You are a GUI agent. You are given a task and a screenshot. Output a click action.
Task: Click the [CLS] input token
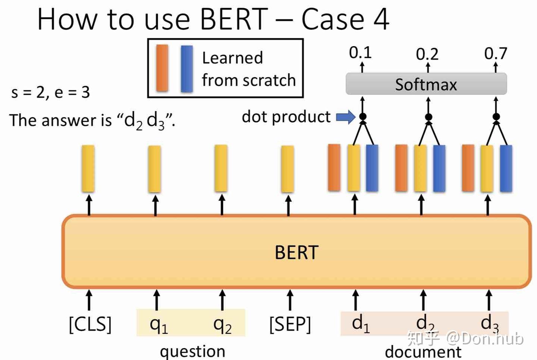coord(90,324)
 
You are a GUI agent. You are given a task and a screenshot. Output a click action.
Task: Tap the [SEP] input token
coord(290,324)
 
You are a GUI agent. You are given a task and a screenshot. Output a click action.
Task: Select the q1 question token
coord(158,324)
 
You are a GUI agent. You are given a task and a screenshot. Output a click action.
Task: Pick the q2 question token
coord(222,324)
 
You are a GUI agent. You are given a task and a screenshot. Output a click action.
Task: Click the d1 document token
coord(360,323)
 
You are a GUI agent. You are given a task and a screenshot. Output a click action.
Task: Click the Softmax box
coord(426,85)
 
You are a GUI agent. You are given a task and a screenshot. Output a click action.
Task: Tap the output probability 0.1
coord(360,53)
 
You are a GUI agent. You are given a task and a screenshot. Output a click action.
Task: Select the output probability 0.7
coord(496,54)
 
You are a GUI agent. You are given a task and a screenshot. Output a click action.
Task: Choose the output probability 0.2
coord(427,54)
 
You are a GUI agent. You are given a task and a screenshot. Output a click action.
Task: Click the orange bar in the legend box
coord(162,68)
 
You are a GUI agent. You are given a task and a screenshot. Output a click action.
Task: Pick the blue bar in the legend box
coord(186,69)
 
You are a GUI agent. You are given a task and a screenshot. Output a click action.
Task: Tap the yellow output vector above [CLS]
coord(88,168)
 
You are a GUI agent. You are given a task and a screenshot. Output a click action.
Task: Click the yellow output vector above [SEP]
coord(288,169)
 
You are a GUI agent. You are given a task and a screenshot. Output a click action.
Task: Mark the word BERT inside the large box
coord(296,253)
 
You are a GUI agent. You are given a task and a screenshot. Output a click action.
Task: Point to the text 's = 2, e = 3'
coord(50,92)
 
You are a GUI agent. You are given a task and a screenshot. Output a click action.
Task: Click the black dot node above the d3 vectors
coord(496,117)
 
